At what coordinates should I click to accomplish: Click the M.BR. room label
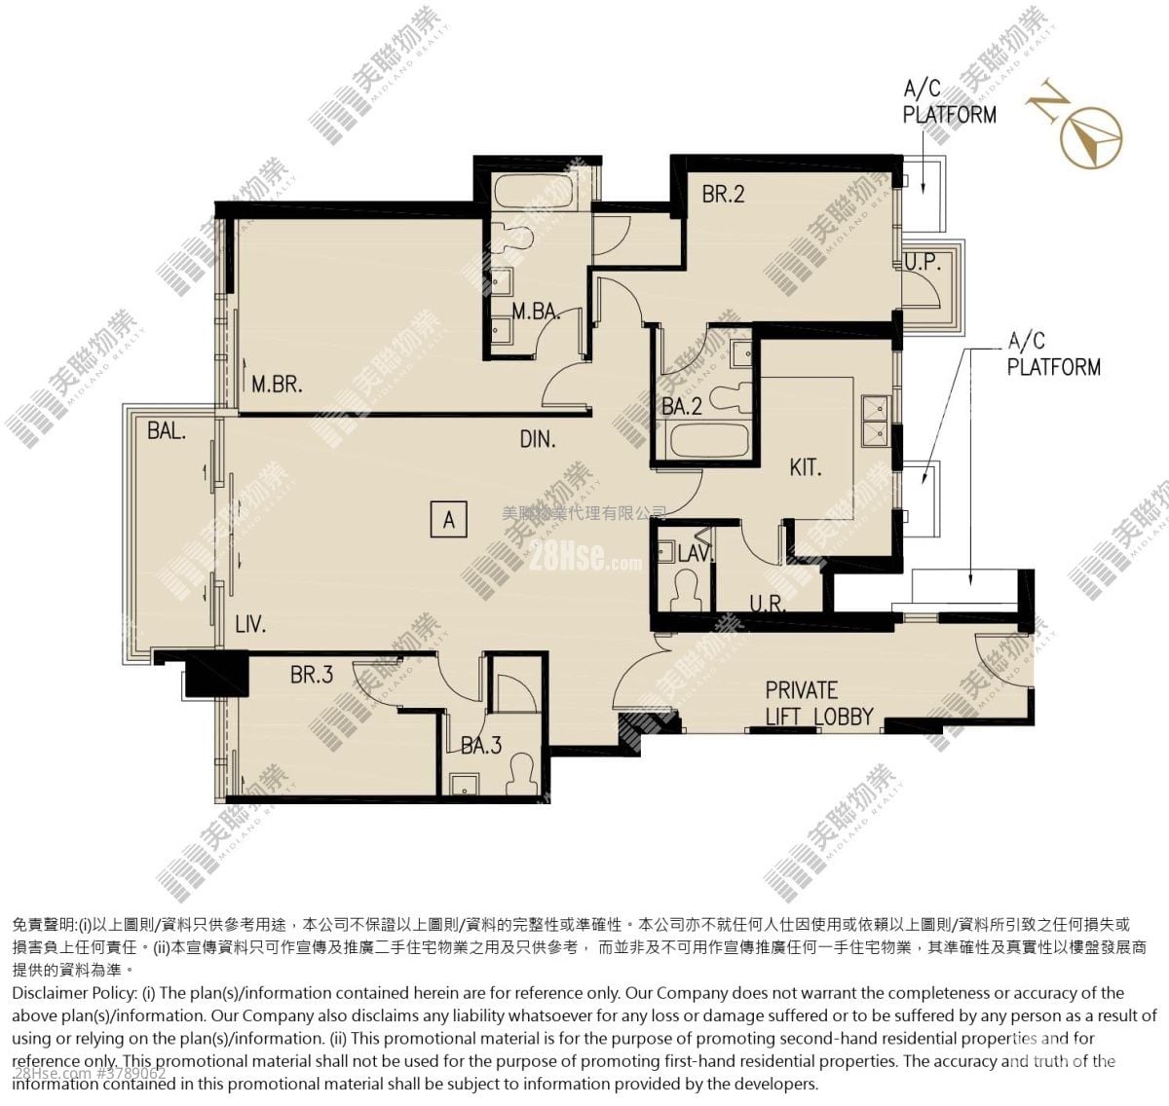[x=277, y=384]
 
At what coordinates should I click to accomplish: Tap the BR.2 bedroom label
[x=723, y=194]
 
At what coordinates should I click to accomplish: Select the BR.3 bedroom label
[x=311, y=674]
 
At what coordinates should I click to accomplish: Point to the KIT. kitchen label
[x=805, y=467]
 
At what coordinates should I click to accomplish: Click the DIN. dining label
[x=537, y=439]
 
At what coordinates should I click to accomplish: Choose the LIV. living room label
[x=250, y=624]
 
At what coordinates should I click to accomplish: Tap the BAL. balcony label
[x=167, y=429]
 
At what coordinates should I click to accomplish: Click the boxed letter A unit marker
[x=448, y=520]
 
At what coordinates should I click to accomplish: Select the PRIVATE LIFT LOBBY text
[x=818, y=703]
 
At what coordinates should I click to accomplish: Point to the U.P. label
[x=921, y=262]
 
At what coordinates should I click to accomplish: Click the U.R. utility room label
[x=768, y=604]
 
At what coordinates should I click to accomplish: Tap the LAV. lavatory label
[x=695, y=553]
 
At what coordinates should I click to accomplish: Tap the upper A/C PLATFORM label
[x=949, y=102]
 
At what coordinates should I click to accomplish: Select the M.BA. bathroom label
[x=535, y=312]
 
